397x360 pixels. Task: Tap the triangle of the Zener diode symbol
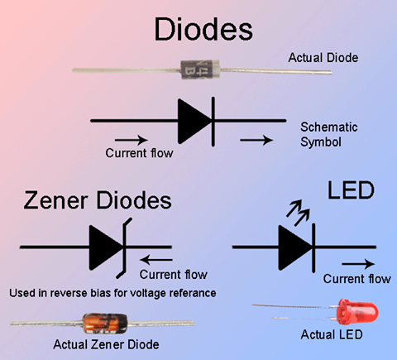coord(105,247)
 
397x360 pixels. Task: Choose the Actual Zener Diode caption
coord(106,343)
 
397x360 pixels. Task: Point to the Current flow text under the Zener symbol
coord(174,275)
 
